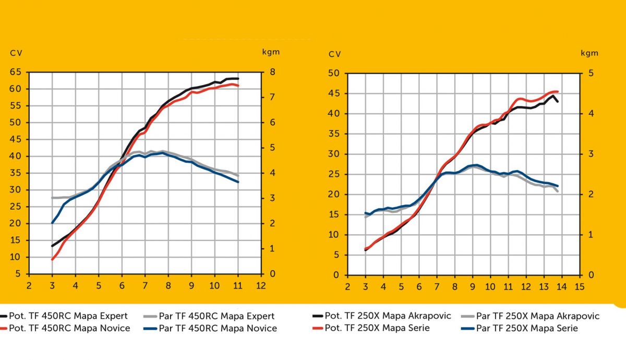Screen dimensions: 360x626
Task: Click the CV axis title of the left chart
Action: pyautogui.click(x=16, y=53)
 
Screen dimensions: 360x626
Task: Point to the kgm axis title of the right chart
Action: pyautogui.click(x=590, y=53)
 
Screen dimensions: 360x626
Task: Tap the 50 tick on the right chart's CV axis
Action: pyautogui.click(x=334, y=74)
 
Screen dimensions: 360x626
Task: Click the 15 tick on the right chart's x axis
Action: pyautogui.click(x=579, y=286)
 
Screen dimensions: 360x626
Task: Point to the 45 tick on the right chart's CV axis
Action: pyautogui.click(x=334, y=94)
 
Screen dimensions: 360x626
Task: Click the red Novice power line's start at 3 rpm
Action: pyautogui.click(x=52, y=259)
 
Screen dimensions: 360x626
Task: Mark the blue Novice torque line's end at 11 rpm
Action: pyautogui.click(x=238, y=182)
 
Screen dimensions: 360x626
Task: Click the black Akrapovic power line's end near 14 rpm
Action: pyautogui.click(x=558, y=101)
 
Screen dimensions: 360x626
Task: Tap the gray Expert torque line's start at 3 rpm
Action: pyautogui.click(x=52, y=198)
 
